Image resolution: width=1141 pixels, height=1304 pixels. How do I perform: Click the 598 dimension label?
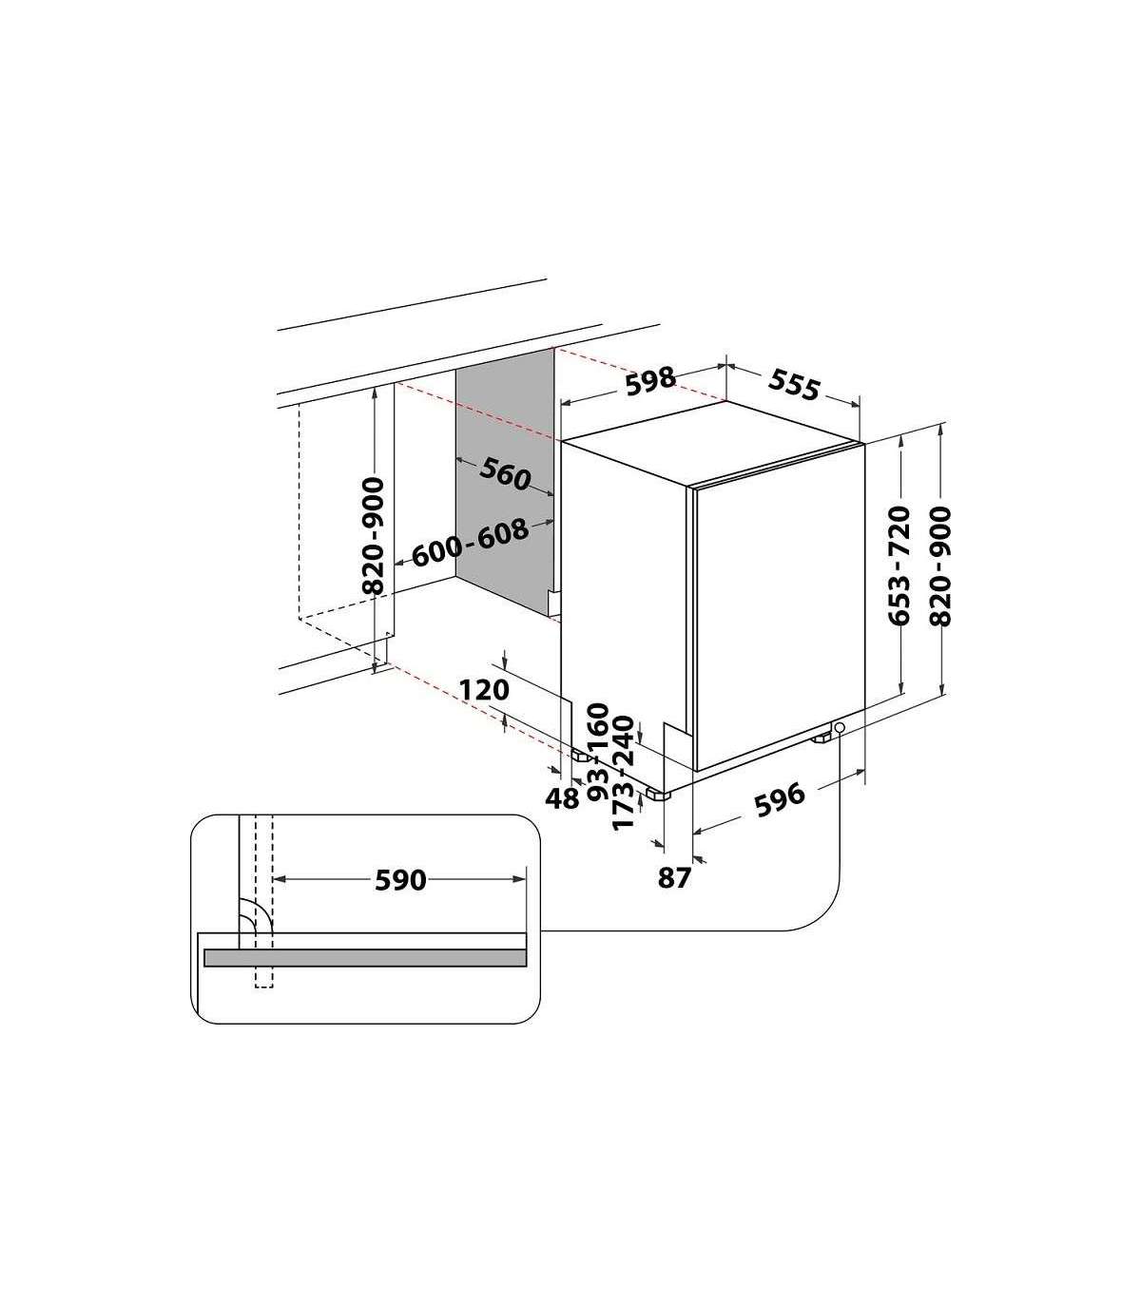649,381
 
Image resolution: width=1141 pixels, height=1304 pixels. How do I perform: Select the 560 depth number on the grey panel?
505,473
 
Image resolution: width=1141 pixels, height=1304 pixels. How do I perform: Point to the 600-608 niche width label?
471,544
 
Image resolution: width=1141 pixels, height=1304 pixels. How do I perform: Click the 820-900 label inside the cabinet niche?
375,536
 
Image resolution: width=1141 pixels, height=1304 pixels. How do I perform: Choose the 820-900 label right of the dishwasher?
940,566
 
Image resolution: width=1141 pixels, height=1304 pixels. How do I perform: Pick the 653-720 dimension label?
899,566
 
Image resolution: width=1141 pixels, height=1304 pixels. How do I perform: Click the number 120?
484,690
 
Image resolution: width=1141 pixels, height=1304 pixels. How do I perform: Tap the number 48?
562,798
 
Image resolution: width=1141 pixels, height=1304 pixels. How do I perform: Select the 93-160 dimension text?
598,752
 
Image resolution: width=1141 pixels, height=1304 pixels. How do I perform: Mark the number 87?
674,878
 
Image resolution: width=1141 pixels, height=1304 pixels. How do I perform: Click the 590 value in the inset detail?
400,880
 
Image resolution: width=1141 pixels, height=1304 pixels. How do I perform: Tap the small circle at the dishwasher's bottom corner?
839,726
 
